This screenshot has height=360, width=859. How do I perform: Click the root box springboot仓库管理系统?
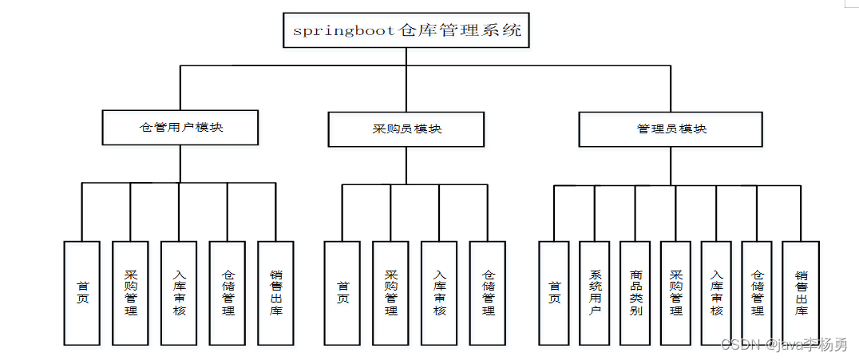pos(406,30)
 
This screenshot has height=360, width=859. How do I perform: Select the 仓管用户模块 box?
pos(180,128)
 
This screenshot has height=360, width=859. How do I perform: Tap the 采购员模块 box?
pos(406,129)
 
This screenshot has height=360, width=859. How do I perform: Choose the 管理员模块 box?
pos(671,129)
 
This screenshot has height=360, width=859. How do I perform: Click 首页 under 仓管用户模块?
pos(82,293)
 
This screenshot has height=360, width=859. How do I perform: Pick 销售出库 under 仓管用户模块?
pos(276,293)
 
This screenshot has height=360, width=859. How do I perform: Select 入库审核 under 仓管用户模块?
pos(180,293)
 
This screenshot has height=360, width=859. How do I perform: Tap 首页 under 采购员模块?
pos(343,293)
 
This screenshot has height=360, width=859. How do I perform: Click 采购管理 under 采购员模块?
pos(391,293)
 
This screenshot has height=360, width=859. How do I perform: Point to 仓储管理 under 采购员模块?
pos(489,293)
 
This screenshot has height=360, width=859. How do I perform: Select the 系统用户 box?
pos(595,293)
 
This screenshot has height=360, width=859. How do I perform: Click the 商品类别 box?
pos(635,293)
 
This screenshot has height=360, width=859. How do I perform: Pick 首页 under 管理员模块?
pos(555,293)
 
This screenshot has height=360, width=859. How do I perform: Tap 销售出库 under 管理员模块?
pos(801,293)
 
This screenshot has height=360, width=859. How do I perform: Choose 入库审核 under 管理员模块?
pos(717,293)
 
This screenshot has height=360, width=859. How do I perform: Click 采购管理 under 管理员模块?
pos(676,293)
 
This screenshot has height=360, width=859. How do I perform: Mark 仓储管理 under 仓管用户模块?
pos(228,293)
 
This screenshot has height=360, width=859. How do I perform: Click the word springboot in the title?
pos(344,31)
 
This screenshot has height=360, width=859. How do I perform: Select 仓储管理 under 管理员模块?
pos(758,293)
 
